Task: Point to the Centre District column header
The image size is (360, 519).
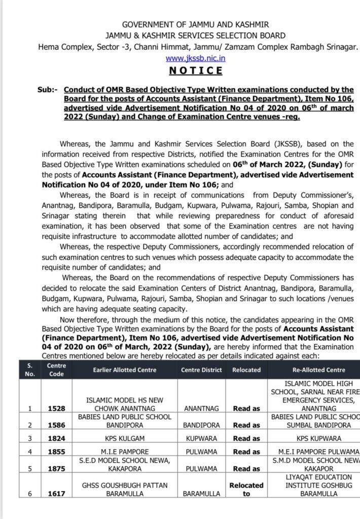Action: click(x=201, y=370)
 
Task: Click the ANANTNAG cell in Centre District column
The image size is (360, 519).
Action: click(x=201, y=407)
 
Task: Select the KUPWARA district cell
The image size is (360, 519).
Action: click(x=201, y=438)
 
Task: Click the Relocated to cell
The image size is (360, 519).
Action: click(x=246, y=489)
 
